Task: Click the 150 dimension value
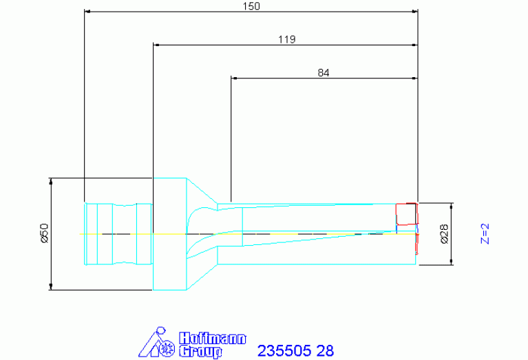pos(251,6)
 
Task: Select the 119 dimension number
pos(287,39)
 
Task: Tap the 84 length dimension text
pos(324,72)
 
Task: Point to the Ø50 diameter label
pos(45,233)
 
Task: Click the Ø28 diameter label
pos(444,234)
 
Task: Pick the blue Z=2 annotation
pos(485,233)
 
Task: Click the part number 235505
pos(284,351)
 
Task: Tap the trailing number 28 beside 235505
pos(325,351)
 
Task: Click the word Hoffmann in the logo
pos(213,339)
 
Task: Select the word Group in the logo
pos(201,351)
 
